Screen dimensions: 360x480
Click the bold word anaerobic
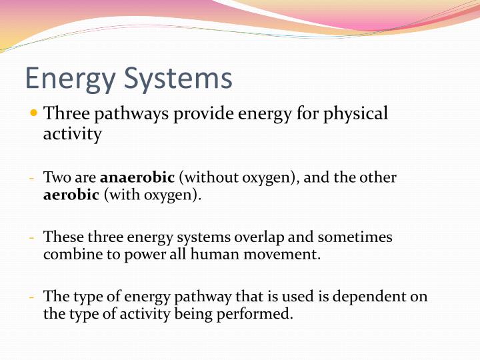(x=137, y=178)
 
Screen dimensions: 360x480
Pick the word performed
(x=257, y=313)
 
